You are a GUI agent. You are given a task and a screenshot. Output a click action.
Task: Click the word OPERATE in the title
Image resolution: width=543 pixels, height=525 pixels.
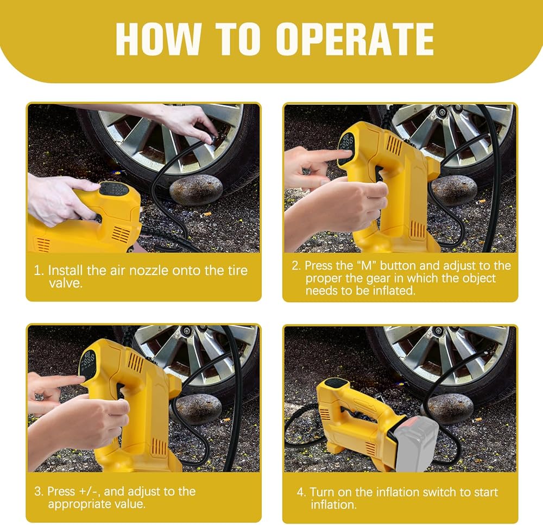[355, 39]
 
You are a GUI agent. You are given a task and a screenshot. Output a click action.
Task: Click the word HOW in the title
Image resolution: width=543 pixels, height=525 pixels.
[159, 39]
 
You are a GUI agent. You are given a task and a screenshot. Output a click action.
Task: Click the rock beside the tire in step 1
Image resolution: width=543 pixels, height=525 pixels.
[196, 190]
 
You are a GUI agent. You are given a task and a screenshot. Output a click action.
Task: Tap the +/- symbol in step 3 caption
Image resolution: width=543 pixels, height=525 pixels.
[89, 491]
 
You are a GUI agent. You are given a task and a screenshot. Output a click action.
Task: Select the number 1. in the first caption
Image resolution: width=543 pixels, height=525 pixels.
[39, 271]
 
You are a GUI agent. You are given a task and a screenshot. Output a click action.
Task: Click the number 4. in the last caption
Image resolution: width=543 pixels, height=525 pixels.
[301, 492]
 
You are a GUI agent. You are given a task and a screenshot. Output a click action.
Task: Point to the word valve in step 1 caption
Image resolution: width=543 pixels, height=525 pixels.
[66, 283]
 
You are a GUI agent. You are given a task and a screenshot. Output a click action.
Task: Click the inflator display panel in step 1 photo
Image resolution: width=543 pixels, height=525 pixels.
[114, 189]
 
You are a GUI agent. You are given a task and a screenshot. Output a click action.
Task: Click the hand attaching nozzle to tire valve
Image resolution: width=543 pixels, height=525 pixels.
[187, 120]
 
